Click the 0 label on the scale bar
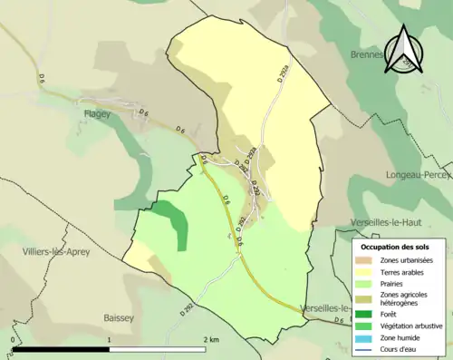pos(13,339)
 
